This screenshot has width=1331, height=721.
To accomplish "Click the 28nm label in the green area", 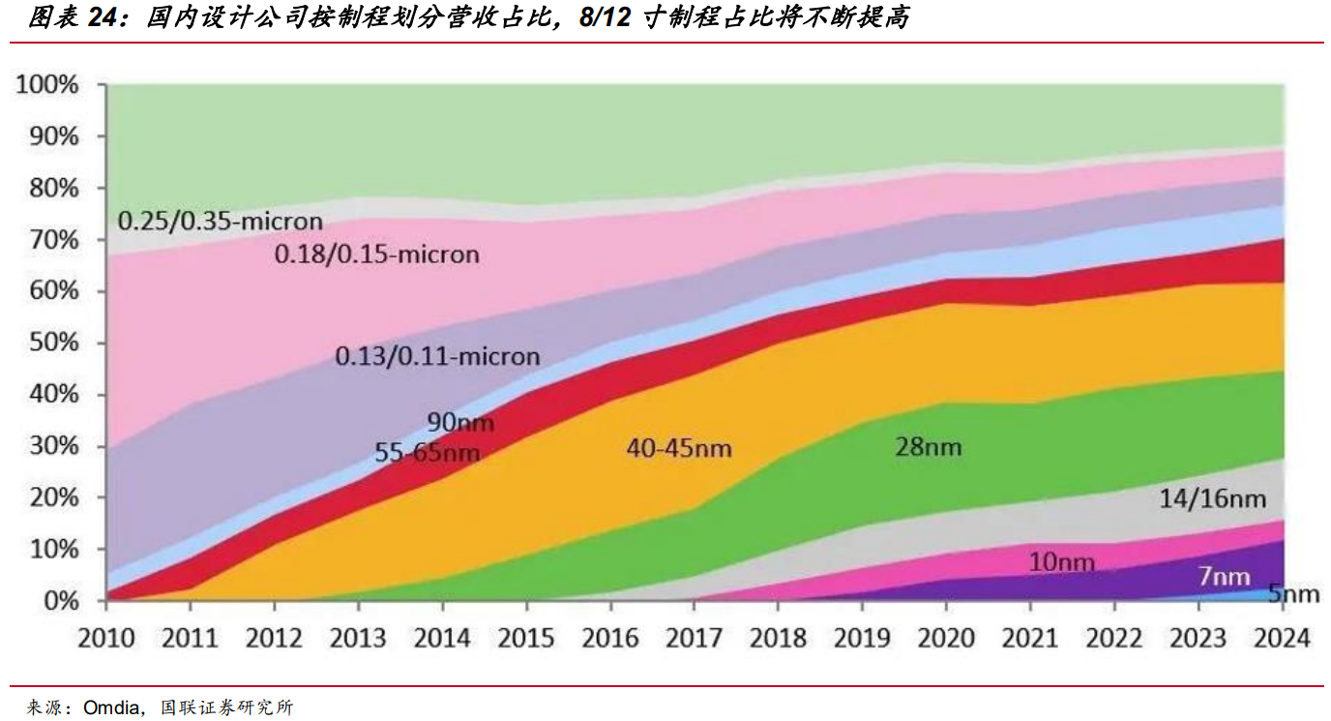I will click(928, 447).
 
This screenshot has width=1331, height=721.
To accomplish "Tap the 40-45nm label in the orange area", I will click(679, 448).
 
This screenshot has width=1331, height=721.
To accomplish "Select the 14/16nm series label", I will click(1212, 499).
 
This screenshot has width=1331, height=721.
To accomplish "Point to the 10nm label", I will click(1062, 562).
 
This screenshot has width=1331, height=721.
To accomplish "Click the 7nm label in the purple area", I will click(1225, 577).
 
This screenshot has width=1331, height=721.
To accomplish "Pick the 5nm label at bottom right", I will click(1293, 594).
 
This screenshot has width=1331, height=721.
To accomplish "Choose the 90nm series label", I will click(460, 423).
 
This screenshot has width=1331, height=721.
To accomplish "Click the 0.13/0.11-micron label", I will click(437, 356).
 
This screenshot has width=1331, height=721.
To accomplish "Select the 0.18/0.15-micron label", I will click(377, 255).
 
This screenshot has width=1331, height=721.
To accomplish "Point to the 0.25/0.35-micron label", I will click(220, 221).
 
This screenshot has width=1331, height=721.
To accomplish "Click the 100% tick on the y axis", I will click(46, 85).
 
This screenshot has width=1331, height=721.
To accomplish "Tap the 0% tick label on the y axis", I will click(60, 601).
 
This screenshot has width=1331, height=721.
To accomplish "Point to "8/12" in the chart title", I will click(604, 18).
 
